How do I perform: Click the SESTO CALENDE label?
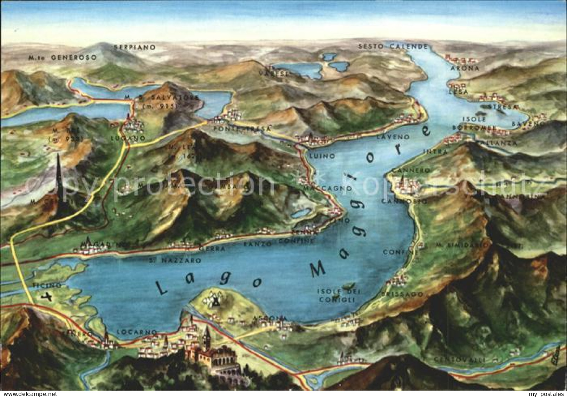point(393,46)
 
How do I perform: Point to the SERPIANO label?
point(134,47)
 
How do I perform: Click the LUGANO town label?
point(123,138)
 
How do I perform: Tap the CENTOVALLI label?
point(459,360)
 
